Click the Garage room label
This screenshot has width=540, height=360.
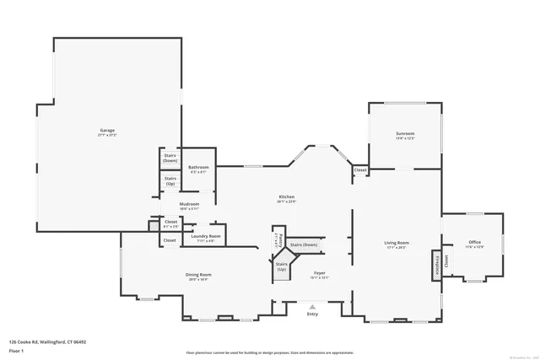[107, 131]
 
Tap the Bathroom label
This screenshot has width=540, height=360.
[198, 168]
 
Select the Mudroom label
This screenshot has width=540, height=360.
[189, 204]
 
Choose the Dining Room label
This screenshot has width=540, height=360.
[198, 275]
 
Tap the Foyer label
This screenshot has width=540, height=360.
[320, 273]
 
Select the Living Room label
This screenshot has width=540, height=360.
[397, 244]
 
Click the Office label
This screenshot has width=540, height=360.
[474, 243]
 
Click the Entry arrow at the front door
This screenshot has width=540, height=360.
[313, 306]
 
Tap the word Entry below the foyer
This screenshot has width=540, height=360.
[313, 314]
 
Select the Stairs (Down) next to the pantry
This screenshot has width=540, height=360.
[303, 245]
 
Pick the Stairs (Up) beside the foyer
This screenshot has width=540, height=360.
[281, 266]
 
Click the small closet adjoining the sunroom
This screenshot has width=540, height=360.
[360, 170]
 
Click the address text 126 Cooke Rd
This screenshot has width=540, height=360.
[47, 341]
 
